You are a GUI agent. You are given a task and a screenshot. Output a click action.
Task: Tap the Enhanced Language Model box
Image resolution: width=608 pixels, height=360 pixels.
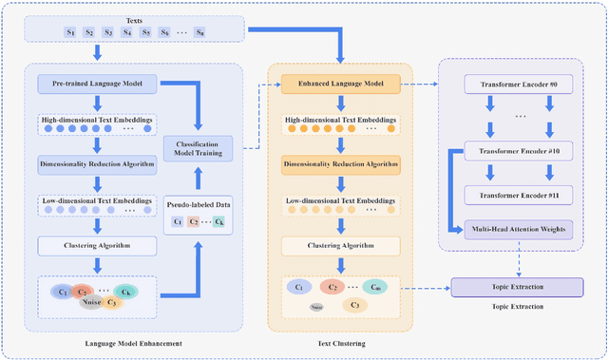340,85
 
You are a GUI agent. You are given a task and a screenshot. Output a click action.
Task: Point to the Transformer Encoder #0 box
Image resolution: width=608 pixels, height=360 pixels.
519,85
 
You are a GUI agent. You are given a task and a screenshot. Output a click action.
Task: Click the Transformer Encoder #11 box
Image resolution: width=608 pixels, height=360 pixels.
519,194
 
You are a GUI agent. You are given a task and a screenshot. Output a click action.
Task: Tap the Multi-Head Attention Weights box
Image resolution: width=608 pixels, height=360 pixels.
519,229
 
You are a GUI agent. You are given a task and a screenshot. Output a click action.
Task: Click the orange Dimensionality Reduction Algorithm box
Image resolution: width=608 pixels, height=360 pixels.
340,164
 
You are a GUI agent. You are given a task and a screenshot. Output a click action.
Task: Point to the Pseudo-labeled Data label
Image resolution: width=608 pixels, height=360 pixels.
199,202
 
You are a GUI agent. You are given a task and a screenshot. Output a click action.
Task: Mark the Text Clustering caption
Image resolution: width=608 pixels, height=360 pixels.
340,344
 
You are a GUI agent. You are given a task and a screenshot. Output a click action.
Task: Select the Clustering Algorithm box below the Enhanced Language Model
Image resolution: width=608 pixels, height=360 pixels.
340,245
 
